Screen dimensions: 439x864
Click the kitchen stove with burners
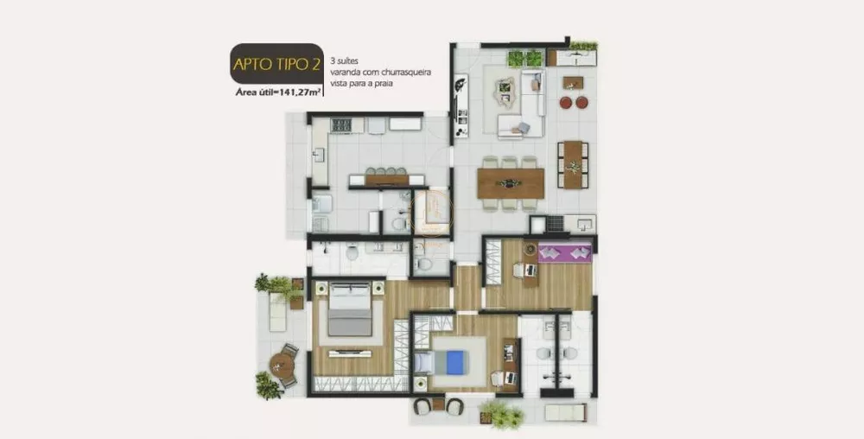coord(341,125)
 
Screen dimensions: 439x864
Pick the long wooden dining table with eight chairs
coord(510,182)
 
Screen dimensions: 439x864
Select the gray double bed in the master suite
coord(350,309)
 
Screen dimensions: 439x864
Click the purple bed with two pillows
coord(564,252)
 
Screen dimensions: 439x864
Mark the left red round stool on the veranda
coord(566,102)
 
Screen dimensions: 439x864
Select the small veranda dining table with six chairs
coord(572,163)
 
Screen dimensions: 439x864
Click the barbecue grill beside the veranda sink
coord(553,224)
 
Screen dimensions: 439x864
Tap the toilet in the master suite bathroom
coord(353,252)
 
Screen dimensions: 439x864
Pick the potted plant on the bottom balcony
coord(502,414)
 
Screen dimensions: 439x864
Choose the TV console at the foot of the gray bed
coord(350,353)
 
